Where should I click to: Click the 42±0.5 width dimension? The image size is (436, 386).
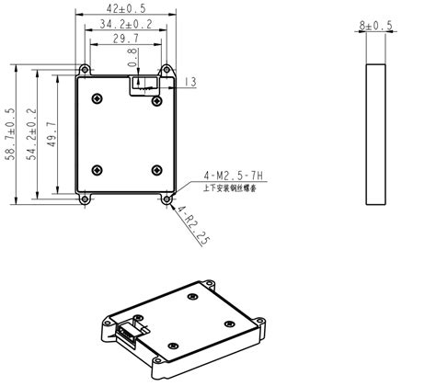click(125, 8)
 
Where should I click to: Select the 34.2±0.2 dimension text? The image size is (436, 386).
click(125, 23)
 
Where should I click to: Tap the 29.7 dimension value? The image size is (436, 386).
click(125, 39)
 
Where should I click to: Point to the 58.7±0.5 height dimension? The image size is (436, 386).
click(10, 134)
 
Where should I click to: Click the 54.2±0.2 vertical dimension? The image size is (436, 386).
click(30, 134)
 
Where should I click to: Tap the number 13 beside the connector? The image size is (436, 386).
click(189, 83)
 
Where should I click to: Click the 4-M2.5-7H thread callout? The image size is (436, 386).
click(224, 174)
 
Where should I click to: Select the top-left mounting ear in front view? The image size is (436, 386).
click(85, 69)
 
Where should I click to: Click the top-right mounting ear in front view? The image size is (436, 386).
click(166, 69)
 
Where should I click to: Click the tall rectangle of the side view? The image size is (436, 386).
click(375, 133)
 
